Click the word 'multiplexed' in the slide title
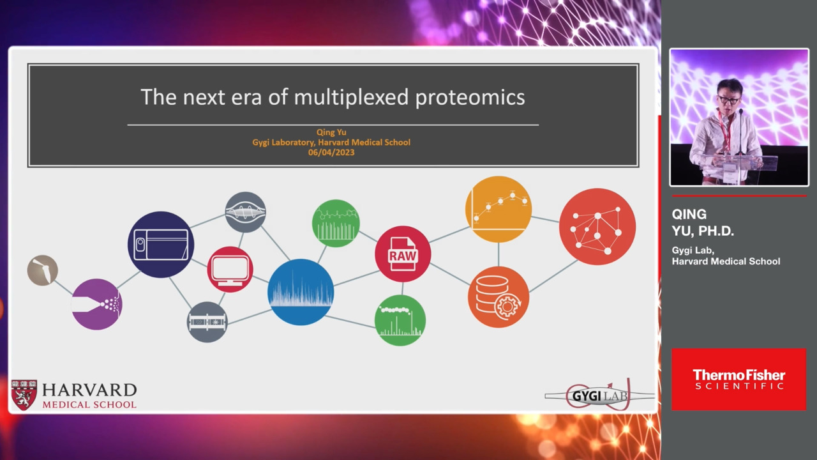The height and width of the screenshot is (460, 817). click(x=351, y=97)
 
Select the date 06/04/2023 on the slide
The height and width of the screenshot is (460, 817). click(x=331, y=153)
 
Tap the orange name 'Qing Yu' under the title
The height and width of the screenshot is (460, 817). click(x=331, y=132)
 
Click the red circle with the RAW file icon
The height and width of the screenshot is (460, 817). click(x=403, y=254)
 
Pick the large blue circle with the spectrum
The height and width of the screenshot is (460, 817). click(x=301, y=292)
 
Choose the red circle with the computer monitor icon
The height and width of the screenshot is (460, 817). click(x=230, y=270)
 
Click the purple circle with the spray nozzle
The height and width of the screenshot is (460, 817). click(x=96, y=305)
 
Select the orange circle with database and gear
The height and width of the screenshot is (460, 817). click(x=498, y=297)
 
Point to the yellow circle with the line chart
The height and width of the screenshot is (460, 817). click(x=498, y=209)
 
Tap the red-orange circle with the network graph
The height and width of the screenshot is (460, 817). click(x=597, y=227)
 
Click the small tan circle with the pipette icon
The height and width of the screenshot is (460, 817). click(x=43, y=270)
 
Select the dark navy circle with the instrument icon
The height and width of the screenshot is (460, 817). click(x=161, y=245)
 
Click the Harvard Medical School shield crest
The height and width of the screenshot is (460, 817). click(x=24, y=395)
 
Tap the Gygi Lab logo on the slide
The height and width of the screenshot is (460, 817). click(x=599, y=395)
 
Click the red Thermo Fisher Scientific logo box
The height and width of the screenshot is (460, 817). click(x=739, y=379)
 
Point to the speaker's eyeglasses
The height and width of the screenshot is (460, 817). click(x=728, y=99)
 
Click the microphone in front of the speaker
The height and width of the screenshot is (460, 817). click(x=741, y=132)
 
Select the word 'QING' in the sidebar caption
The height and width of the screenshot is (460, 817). click(x=689, y=214)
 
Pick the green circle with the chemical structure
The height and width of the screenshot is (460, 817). click(x=336, y=224)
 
